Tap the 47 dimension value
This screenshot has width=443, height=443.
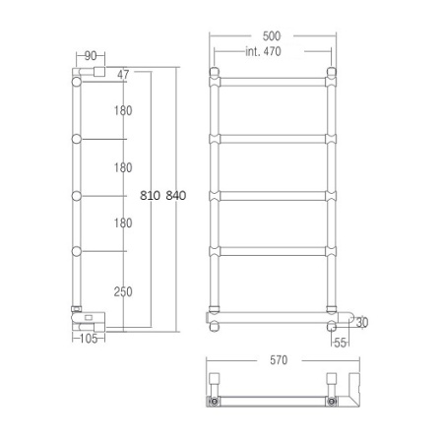[123, 75]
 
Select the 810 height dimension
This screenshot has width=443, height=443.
[148, 195]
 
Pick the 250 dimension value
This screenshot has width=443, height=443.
[123, 291]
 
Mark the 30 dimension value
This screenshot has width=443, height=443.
[361, 322]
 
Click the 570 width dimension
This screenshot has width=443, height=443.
[279, 360]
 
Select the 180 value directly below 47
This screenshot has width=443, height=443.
[123, 111]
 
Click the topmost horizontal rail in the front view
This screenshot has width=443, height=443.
[273, 77]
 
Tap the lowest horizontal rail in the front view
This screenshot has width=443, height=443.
[273, 316]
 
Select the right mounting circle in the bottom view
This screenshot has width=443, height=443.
[332, 402]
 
